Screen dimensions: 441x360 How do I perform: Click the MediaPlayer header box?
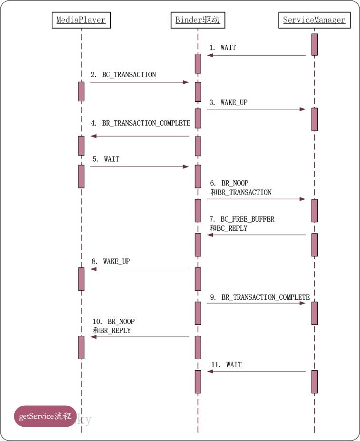click(81, 20)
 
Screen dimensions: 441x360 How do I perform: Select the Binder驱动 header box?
click(197, 20)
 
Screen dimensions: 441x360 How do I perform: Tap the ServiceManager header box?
click(314, 20)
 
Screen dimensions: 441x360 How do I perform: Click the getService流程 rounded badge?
click(45, 416)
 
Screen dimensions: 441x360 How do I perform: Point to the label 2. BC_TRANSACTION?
click(124, 75)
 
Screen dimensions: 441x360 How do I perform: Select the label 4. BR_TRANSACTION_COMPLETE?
click(141, 123)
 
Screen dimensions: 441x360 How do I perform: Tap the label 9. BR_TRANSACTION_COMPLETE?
click(259, 297)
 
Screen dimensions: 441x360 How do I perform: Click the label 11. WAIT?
click(226, 365)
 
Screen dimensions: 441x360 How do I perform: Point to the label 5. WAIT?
click(106, 159)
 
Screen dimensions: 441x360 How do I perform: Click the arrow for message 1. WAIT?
click(256, 56)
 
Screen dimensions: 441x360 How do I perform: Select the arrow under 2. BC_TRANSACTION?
click(139, 82)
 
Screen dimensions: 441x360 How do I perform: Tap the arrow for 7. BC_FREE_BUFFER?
click(256, 235)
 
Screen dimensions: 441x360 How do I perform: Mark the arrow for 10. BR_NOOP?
click(140, 337)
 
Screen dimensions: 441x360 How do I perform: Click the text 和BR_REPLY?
click(112, 330)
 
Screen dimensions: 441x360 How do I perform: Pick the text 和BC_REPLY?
click(228, 228)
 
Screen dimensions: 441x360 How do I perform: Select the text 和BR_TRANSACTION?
click(241, 192)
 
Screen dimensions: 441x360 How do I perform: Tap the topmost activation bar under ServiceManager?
click(314, 44)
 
